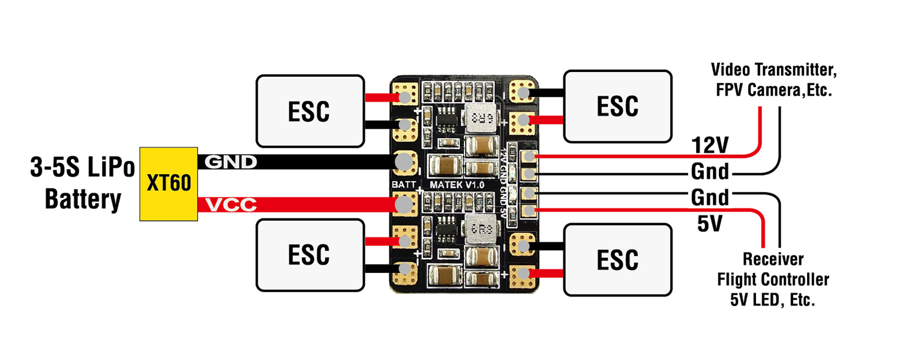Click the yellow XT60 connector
pos(169,183)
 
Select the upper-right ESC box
pos(617,106)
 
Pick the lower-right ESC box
pos(617,259)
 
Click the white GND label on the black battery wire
pos(231,162)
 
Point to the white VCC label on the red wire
pos(231,206)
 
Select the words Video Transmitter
pos(774,70)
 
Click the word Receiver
pos(773,260)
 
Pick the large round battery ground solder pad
pos(405,162)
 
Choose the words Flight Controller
pos(773,280)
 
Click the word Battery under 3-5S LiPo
pos(83,200)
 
